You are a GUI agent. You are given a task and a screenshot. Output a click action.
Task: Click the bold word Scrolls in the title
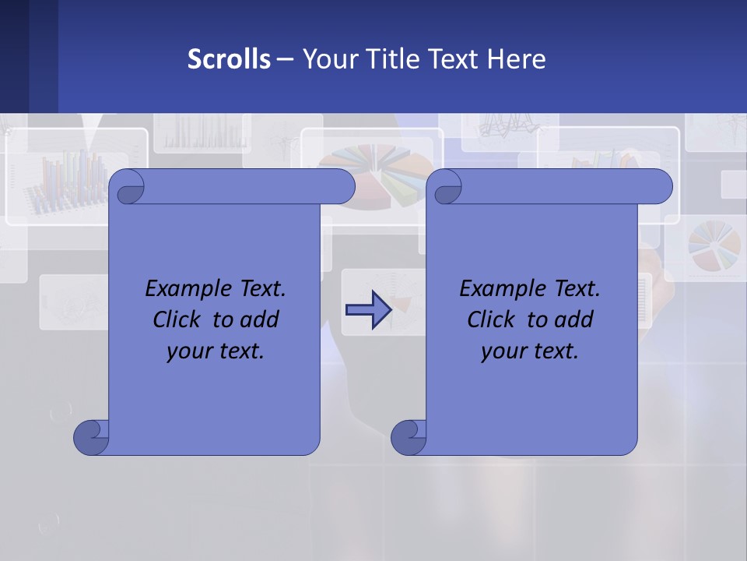point(229,58)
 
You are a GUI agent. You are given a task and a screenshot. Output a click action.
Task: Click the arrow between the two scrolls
point(368,310)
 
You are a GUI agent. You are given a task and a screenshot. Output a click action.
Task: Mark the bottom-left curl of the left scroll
point(91,438)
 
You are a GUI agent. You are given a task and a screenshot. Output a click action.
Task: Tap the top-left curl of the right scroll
point(446,188)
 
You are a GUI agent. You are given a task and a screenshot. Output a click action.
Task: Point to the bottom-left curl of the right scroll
point(409,438)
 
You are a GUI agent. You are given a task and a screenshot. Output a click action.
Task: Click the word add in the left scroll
point(260,319)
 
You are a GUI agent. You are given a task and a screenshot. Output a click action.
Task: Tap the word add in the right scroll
point(574,319)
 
